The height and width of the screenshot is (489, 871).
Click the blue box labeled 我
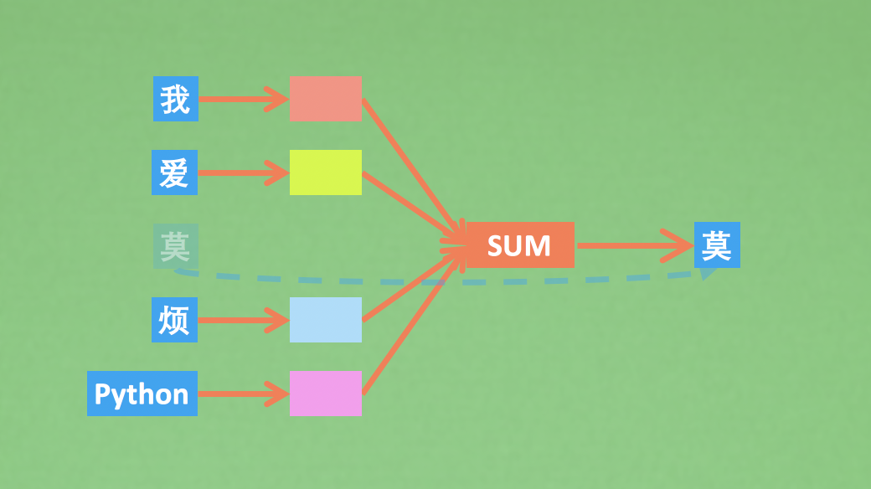(x=176, y=99)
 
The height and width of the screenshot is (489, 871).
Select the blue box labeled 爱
(x=174, y=172)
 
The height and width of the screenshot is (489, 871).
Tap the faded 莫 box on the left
(x=175, y=246)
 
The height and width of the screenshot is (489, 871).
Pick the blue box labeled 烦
(x=174, y=320)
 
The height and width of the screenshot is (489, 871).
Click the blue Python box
(x=142, y=394)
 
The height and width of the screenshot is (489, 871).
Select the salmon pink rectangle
(x=325, y=99)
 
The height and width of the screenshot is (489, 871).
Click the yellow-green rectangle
(x=325, y=172)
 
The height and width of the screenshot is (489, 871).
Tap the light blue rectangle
(x=325, y=320)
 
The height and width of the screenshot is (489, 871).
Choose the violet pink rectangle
(x=325, y=394)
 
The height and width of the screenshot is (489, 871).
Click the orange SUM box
(x=519, y=245)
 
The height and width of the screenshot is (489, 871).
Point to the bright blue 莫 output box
(x=717, y=244)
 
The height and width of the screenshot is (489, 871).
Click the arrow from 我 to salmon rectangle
(x=243, y=99)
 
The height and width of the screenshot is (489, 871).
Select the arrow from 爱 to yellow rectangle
(x=243, y=173)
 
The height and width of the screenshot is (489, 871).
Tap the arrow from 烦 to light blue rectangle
(x=243, y=320)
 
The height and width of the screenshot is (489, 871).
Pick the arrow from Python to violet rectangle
(x=243, y=394)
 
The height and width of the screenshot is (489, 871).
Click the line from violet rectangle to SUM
(x=410, y=323)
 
